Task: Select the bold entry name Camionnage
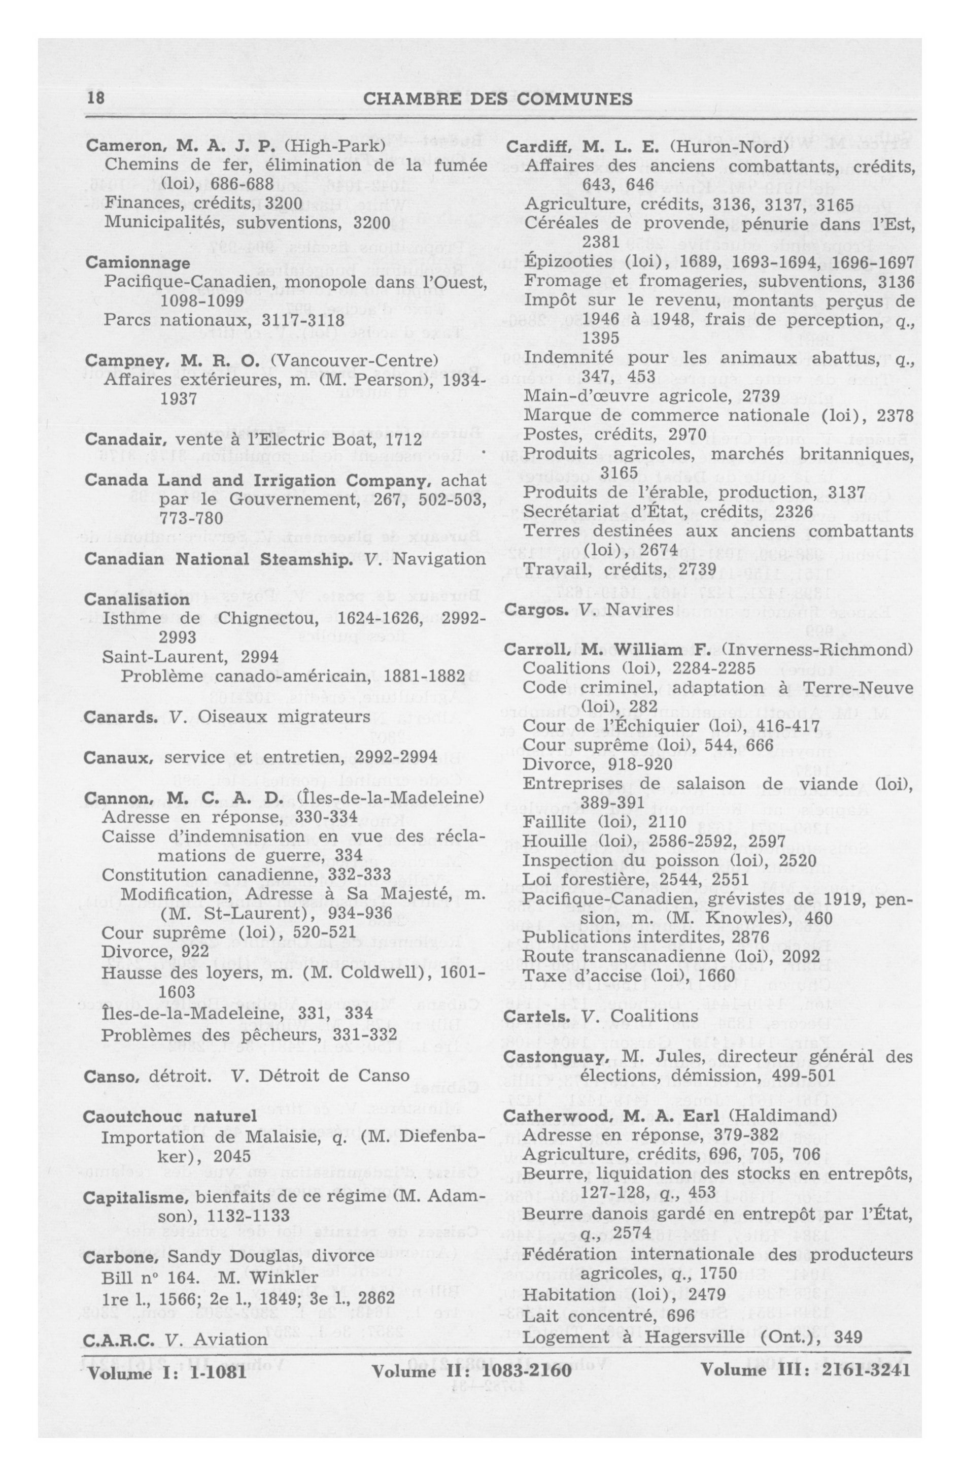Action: (138, 263)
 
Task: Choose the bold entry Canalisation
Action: (136, 600)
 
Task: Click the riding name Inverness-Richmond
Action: (817, 649)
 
